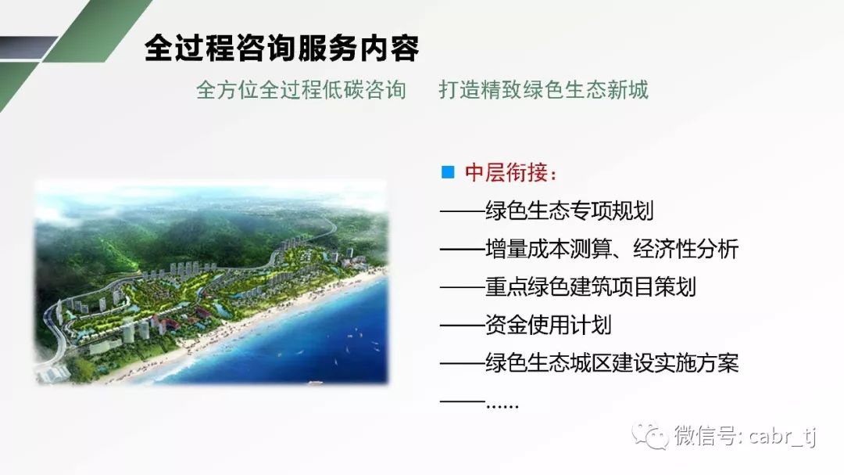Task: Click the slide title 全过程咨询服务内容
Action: click(281, 49)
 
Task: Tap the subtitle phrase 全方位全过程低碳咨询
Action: click(301, 90)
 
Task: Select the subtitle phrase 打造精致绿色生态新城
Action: click(544, 90)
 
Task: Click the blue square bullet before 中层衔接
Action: click(447, 172)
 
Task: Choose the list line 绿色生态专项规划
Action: click(570, 211)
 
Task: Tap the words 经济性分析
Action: click(686, 249)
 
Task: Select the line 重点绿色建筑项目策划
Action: click(591, 287)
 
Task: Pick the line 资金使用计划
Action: click(548, 325)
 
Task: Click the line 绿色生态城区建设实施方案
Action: click(612, 363)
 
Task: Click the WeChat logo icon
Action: click(650, 436)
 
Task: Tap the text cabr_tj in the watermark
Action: click(782, 436)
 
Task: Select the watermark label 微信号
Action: click(706, 436)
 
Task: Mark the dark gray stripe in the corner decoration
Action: click(27, 48)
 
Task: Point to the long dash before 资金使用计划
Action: click(462, 326)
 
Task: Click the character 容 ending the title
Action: click(404, 49)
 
